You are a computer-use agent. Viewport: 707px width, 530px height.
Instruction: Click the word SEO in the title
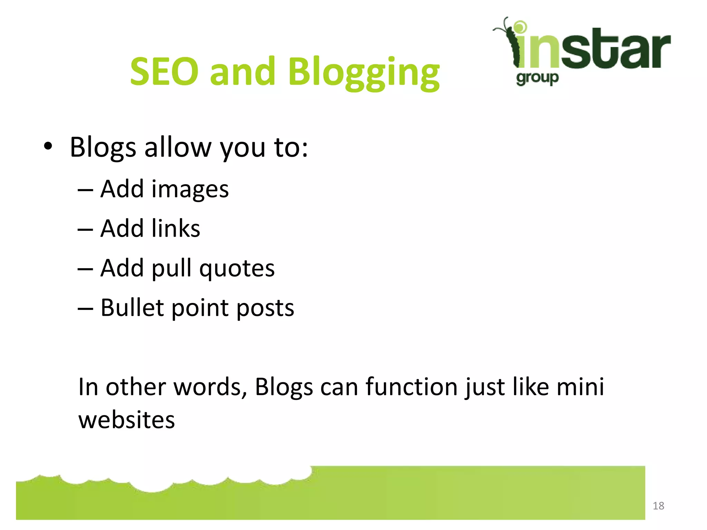[x=164, y=71]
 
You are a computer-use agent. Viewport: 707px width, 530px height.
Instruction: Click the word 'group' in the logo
[x=537, y=78]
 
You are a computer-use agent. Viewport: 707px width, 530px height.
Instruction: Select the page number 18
[x=658, y=506]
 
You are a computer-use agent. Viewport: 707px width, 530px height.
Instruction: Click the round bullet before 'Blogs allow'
[x=48, y=146]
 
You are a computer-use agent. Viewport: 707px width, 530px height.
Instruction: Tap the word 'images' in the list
[x=190, y=190]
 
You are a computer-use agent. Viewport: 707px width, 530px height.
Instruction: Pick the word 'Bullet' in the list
[x=132, y=307]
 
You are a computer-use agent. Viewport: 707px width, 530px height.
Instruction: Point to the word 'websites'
[x=127, y=420]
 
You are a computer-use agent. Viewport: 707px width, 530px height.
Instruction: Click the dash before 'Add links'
[x=85, y=229]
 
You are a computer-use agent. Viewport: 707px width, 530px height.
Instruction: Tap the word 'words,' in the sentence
[x=210, y=387]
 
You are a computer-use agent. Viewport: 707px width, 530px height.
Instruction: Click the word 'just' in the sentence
[x=485, y=387]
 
